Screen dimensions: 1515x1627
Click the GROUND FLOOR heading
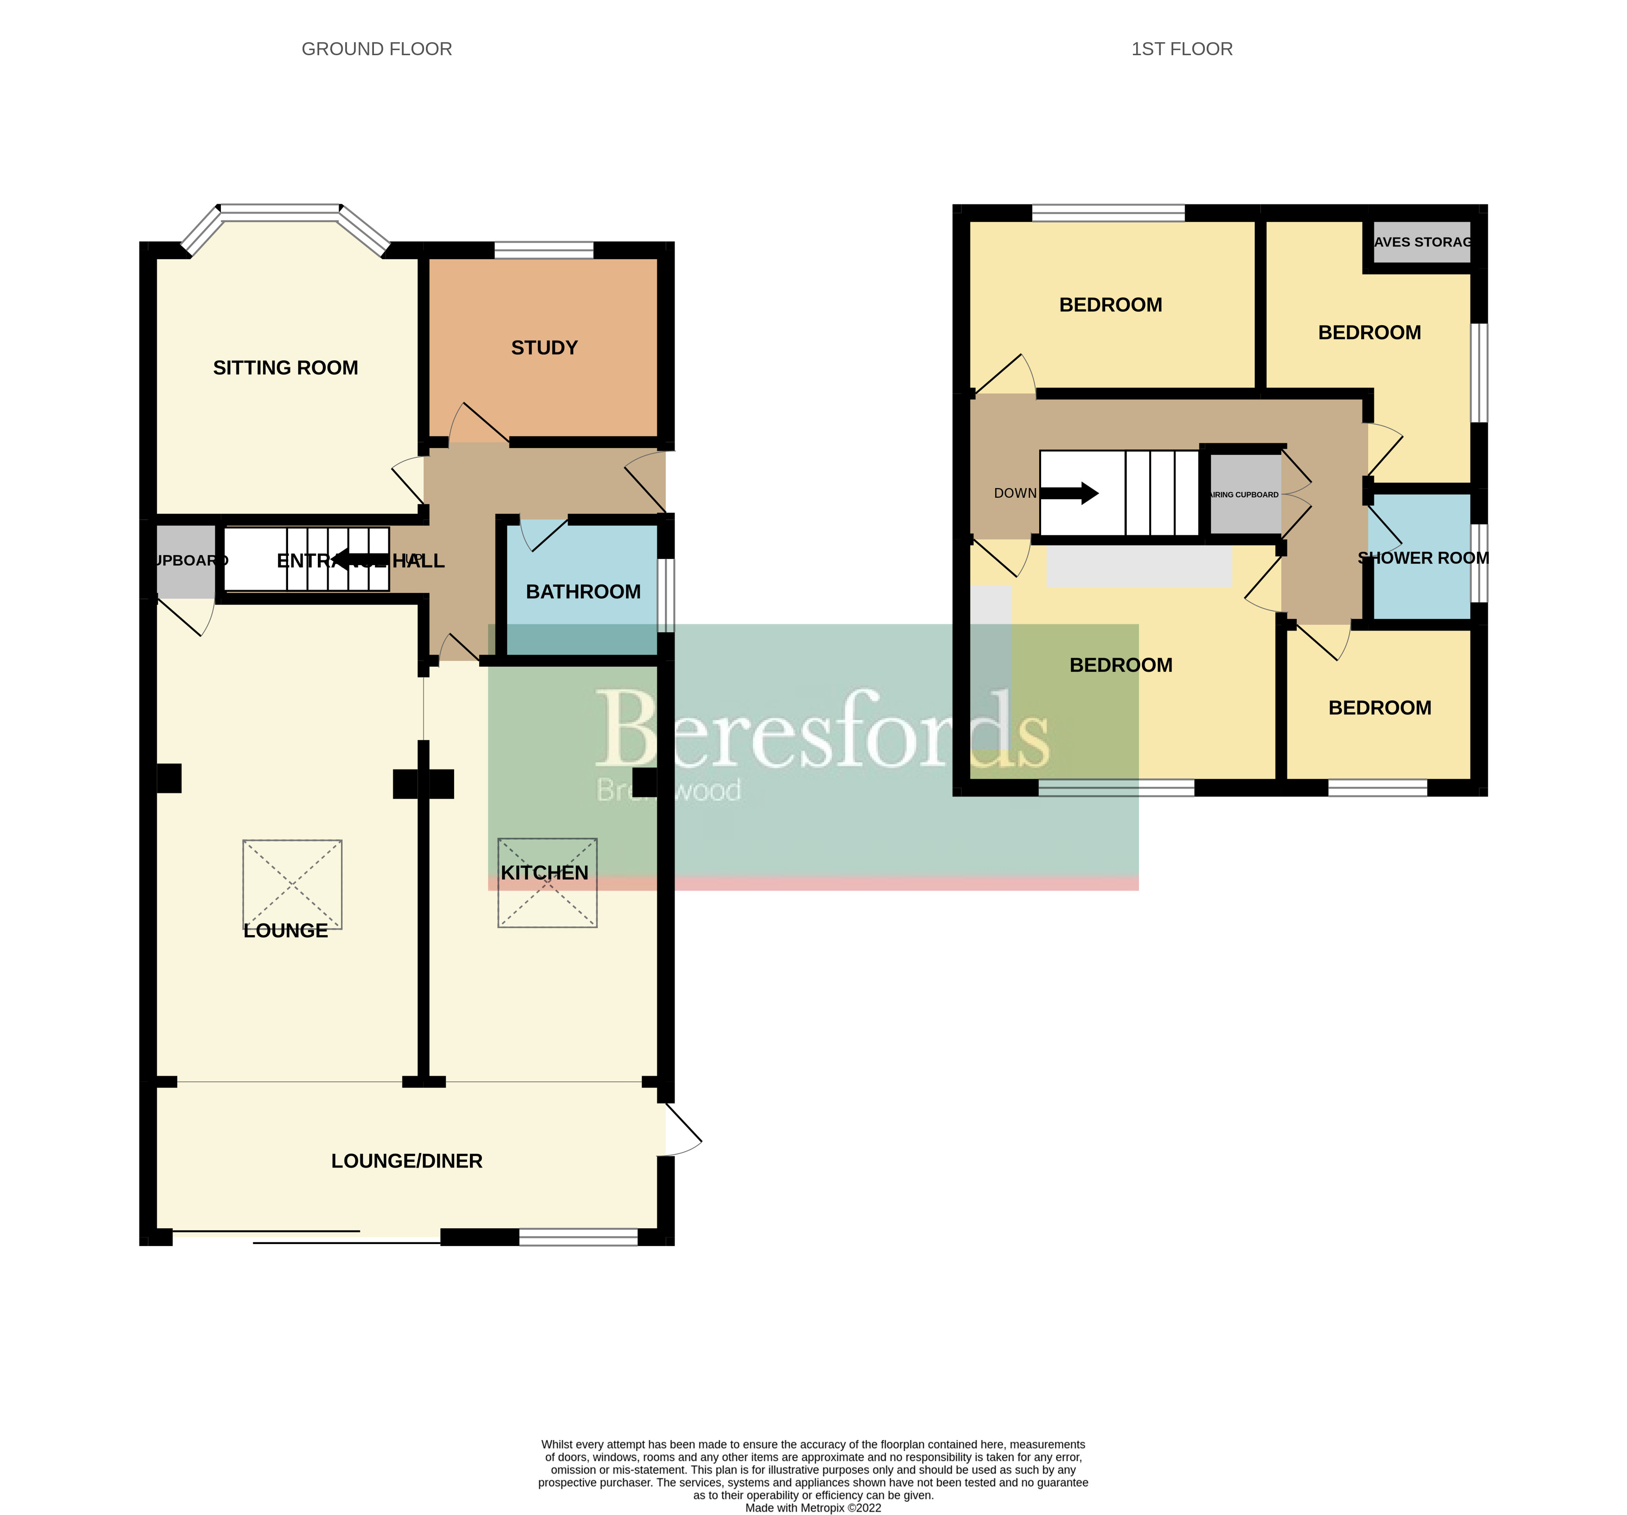tap(376, 49)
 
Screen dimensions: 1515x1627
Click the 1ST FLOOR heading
tap(1181, 49)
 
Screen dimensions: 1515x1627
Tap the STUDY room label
tap(544, 348)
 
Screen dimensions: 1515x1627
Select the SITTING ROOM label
tap(286, 367)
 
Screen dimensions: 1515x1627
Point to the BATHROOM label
tap(583, 592)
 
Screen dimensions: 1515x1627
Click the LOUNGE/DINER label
tap(407, 1161)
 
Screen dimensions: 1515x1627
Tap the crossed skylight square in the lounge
tap(292, 884)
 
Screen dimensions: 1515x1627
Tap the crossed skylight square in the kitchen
tap(547, 882)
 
